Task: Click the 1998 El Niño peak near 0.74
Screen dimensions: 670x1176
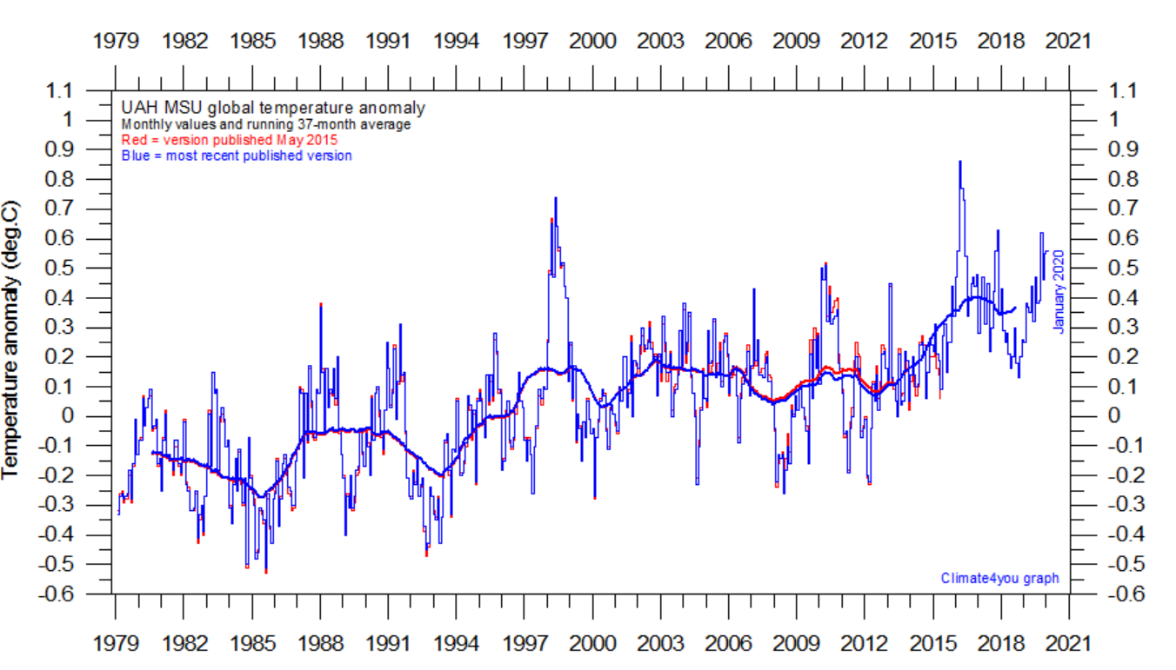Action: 556,199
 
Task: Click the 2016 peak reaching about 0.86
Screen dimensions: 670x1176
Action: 959,163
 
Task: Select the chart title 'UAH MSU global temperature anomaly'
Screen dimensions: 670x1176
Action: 272,108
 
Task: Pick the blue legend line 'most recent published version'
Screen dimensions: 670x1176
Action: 237,156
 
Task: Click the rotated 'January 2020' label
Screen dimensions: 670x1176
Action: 1059,291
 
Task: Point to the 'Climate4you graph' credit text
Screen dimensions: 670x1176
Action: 999,578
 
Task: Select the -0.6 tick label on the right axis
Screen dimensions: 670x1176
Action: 1123,594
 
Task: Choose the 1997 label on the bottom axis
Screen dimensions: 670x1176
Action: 525,644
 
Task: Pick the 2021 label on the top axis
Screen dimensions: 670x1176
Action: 1069,41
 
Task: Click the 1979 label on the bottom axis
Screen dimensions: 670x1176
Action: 116,644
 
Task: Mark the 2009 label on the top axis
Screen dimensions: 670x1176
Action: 797,41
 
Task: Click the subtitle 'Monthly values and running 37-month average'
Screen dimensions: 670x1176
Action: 265,124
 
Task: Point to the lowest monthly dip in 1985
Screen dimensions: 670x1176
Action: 265,572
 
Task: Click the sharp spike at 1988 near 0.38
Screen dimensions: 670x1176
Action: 321,305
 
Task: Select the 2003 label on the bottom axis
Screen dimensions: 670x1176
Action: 661,644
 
